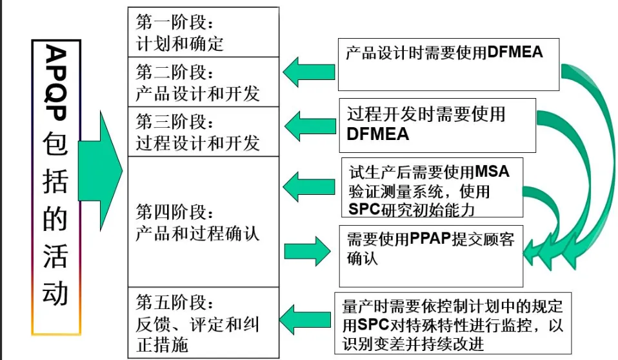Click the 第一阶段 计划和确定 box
pyautogui.click(x=203, y=32)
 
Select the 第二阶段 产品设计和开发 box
pyautogui.click(x=203, y=83)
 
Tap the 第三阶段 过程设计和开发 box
pyautogui.click(x=203, y=132)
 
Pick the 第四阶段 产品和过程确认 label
pyautogui.click(x=197, y=222)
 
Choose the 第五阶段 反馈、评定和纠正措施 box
pyautogui.click(x=203, y=323)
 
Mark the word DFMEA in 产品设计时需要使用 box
pyautogui.click(x=515, y=52)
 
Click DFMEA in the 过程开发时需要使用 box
pyautogui.click(x=378, y=134)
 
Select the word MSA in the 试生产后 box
pyautogui.click(x=492, y=173)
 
